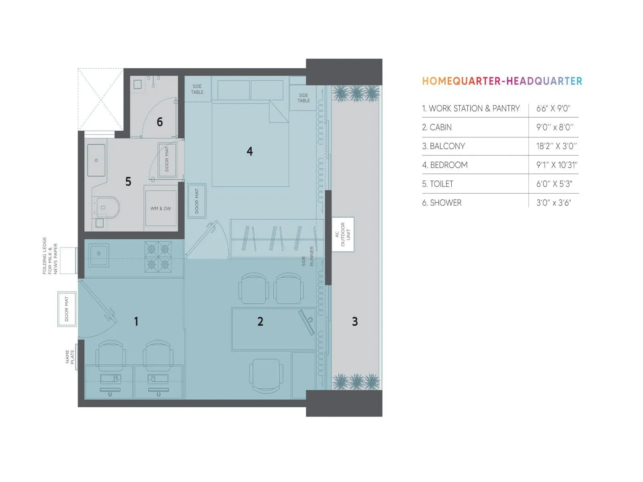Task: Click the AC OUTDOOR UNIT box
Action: [x=343, y=235]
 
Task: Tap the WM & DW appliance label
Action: [x=161, y=209]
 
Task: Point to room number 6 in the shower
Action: [x=160, y=122]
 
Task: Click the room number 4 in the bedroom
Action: [x=250, y=151]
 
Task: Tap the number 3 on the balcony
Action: [x=354, y=321]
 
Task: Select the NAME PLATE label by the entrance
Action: [x=70, y=357]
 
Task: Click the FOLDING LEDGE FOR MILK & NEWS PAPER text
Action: [x=50, y=255]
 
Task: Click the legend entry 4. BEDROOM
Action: [x=445, y=165]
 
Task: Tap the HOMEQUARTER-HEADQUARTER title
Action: [x=502, y=81]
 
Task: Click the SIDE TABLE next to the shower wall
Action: [x=197, y=89]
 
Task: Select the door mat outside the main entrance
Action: [x=67, y=308]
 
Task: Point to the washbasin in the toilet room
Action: [x=96, y=160]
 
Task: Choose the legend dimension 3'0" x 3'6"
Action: [x=553, y=203]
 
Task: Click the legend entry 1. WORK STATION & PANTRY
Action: [x=471, y=108]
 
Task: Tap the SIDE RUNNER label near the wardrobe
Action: [x=307, y=256]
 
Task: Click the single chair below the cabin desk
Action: [x=266, y=376]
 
